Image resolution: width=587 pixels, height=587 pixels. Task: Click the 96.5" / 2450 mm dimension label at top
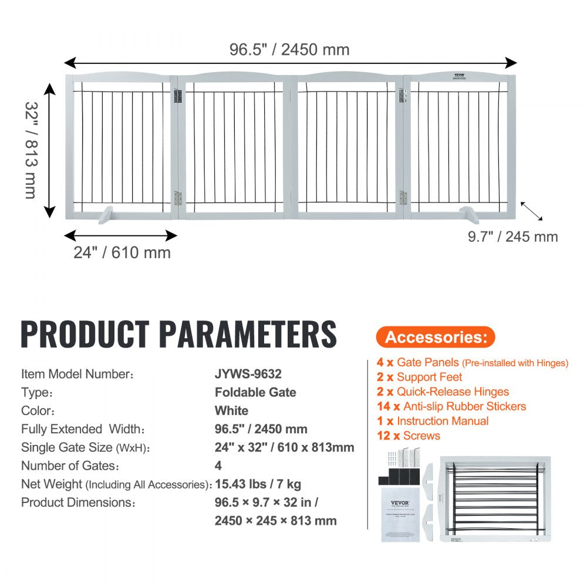point(289,49)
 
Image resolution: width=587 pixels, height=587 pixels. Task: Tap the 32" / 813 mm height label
point(32,150)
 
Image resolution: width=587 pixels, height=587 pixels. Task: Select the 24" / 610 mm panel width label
point(122,253)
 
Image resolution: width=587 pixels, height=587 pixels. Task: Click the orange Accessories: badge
point(436,337)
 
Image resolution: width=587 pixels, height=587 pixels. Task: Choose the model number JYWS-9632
point(252,374)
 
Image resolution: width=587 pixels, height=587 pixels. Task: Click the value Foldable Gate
point(255,392)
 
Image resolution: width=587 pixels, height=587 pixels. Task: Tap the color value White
point(231,410)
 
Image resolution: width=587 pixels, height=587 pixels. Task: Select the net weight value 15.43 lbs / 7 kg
point(258,484)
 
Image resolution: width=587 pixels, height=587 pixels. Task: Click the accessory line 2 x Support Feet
point(419,377)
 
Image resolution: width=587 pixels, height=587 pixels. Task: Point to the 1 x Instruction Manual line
point(433,421)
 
